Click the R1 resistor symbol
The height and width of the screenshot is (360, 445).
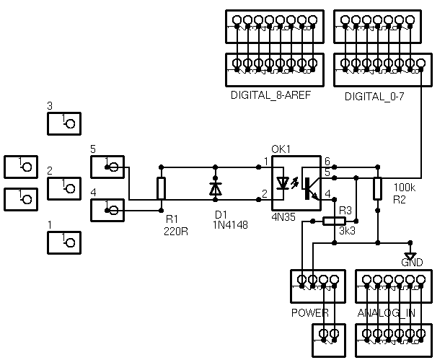pos(161,188)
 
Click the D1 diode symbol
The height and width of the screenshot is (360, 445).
pos(215,188)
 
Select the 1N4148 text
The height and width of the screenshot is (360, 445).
pos(231,225)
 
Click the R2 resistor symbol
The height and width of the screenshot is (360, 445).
pos(377,188)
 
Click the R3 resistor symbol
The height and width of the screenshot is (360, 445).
pos(334,221)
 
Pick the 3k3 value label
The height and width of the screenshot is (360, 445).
pos(348,232)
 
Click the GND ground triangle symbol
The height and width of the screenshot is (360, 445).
pos(410,256)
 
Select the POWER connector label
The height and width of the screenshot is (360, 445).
pos(309,313)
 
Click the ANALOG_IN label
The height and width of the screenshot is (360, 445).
pos(386,313)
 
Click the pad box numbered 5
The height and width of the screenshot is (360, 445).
pos(108,167)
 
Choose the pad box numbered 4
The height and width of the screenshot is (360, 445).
pos(108,211)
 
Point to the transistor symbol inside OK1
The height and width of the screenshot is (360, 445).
pos(310,186)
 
